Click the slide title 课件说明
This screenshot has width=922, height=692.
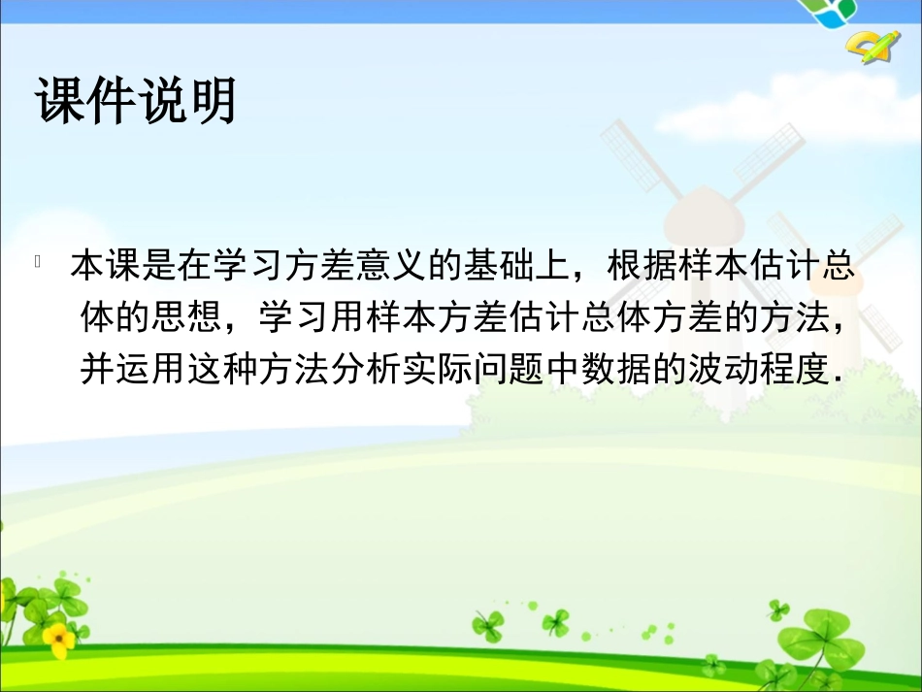point(136,100)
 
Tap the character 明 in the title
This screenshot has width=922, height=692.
point(212,100)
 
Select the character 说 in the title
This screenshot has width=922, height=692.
point(161,100)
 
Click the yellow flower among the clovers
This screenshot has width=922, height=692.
point(57,638)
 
